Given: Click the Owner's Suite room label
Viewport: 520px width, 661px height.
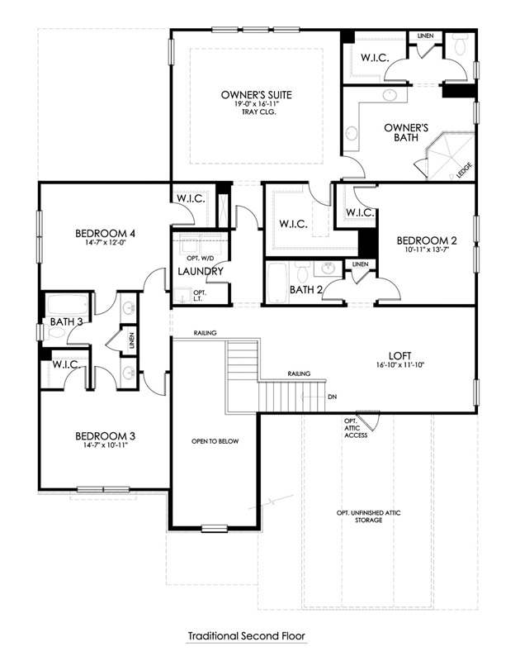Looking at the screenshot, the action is point(256,95).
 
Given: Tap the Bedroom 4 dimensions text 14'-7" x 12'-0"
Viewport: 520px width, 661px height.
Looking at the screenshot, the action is point(105,242).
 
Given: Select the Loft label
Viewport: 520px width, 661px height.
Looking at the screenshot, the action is point(400,356).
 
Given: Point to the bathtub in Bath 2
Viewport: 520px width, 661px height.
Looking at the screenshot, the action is point(277,283).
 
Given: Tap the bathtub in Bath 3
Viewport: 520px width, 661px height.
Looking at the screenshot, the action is point(68,304).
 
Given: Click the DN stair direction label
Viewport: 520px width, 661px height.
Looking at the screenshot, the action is point(332,397).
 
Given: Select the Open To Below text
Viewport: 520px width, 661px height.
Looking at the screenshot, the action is point(215,441).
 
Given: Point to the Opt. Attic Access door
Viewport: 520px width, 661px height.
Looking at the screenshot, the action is point(369,420).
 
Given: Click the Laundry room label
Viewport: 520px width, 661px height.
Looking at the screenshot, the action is point(201,271).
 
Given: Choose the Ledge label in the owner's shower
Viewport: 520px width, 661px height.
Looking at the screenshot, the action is point(465,170).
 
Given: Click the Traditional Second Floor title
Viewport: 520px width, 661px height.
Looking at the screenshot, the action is point(246,635).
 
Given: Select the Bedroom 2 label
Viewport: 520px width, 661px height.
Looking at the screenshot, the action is point(427,240).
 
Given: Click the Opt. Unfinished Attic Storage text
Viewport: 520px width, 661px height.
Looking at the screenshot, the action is point(368,516).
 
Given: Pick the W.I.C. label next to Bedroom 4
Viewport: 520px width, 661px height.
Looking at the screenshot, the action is point(191,198).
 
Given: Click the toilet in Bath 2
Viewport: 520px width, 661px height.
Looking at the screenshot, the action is point(302,273).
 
